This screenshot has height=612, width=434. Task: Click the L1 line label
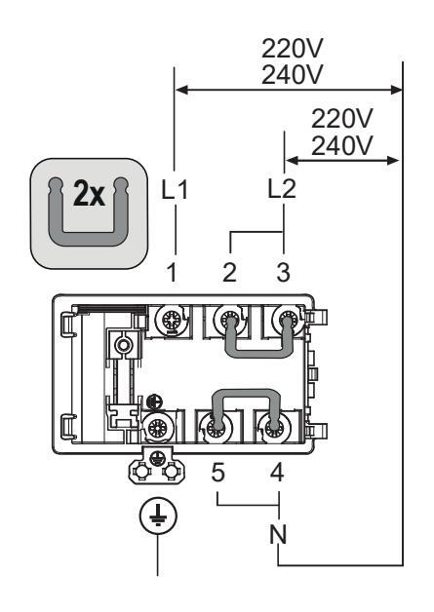pos(175,190)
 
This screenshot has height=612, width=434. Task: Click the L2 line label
pos(282,190)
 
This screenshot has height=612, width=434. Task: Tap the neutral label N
pos(278,534)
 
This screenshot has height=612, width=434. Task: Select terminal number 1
pos(172,273)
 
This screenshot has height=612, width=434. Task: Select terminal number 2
pos(230,273)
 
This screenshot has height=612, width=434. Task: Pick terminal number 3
pos(284,273)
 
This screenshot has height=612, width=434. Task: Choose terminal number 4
pos(277,473)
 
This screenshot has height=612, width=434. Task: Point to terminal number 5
pos(218,473)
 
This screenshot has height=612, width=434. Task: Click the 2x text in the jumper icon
pos(89,194)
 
